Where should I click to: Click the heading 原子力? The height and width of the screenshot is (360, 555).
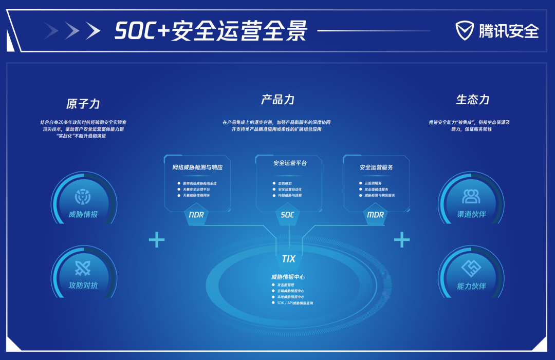(83, 104)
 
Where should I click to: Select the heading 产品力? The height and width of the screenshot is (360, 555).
(277, 100)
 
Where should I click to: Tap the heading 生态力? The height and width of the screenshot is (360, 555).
(472, 100)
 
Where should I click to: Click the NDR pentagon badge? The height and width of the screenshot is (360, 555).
(196, 215)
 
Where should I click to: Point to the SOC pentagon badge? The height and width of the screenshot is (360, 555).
(288, 215)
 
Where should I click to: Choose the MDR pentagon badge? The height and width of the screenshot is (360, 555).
(376, 215)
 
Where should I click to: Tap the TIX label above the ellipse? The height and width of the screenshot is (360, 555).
(289, 259)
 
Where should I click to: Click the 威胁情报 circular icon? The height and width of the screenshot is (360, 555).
(83, 196)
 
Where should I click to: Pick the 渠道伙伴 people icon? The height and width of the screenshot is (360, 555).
(471, 196)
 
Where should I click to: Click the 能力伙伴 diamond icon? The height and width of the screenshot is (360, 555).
(471, 268)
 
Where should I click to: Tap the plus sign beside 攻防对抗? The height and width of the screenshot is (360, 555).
(157, 240)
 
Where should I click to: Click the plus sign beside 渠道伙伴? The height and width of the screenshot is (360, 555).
(402, 240)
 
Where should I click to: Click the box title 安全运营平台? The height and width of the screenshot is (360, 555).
(290, 163)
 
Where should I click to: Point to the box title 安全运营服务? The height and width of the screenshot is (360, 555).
(376, 167)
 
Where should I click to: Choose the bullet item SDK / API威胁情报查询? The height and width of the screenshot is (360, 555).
(295, 303)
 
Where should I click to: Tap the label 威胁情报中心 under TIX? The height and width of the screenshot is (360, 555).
(288, 277)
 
